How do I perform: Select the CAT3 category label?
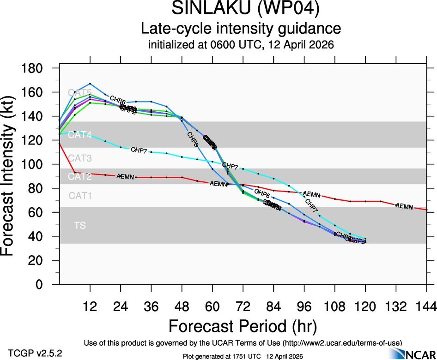[x=80, y=158]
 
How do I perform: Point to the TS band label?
[x=80, y=226]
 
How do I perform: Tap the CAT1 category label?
[x=80, y=196]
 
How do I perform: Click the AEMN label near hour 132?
[x=404, y=206]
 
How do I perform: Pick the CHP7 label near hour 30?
[x=140, y=150]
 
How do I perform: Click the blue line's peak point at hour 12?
[x=90, y=84]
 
